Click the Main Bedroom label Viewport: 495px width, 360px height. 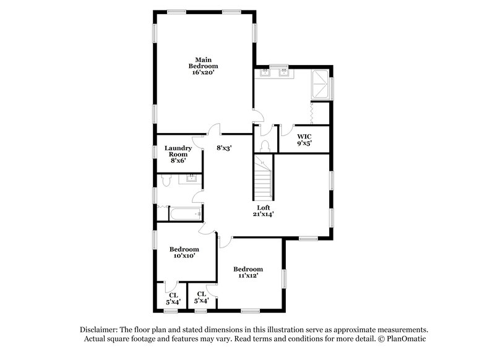(204, 62)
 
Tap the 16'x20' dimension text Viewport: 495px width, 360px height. (204, 72)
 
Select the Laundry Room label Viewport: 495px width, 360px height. (178, 151)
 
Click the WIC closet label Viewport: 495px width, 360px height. (304, 136)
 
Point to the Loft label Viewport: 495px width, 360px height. (264, 207)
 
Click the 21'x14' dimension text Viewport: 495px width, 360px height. (264, 214)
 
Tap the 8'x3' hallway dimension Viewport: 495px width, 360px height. (223, 148)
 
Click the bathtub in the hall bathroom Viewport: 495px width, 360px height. (185, 215)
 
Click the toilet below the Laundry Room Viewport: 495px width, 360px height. (165, 180)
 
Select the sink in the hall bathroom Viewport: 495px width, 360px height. (191, 179)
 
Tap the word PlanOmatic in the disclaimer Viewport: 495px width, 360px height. (406, 339)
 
